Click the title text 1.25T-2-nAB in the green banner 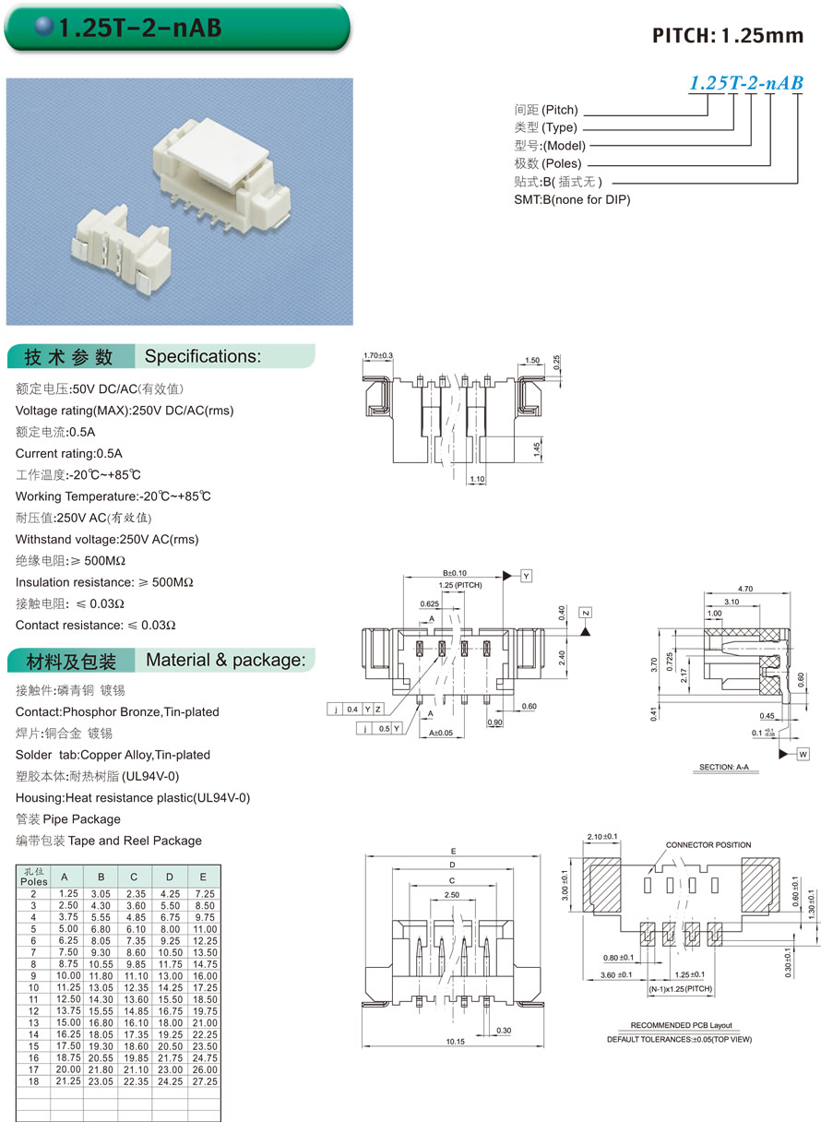pyautogui.click(x=139, y=29)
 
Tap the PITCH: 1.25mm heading pyautogui.click(x=728, y=36)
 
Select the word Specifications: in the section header pyautogui.click(x=203, y=356)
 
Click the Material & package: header pyautogui.click(x=225, y=660)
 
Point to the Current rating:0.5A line pyautogui.click(x=69, y=453)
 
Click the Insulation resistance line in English pyautogui.click(x=104, y=582)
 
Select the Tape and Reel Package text pyautogui.click(x=135, y=841)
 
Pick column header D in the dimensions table pyautogui.click(x=169, y=877)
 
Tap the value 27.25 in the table pyautogui.click(x=203, y=1080)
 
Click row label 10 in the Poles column pyautogui.click(x=33, y=987)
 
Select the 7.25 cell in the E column pyautogui.click(x=203, y=894)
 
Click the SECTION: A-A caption pyautogui.click(x=723, y=768)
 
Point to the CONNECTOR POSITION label pyautogui.click(x=708, y=845)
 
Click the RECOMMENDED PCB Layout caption pyautogui.click(x=681, y=1026)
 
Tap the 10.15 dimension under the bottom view pyautogui.click(x=454, y=1042)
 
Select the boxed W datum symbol pyautogui.click(x=802, y=754)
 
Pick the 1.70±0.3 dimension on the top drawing pyautogui.click(x=378, y=355)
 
